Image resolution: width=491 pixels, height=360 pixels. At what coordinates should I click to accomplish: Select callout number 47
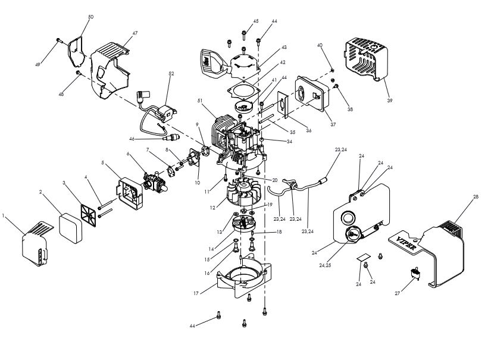[135, 33]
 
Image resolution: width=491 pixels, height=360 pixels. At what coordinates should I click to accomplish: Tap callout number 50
[90, 17]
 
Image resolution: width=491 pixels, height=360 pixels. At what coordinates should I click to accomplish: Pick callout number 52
[171, 74]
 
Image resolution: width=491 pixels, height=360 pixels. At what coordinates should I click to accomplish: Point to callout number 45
[255, 21]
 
